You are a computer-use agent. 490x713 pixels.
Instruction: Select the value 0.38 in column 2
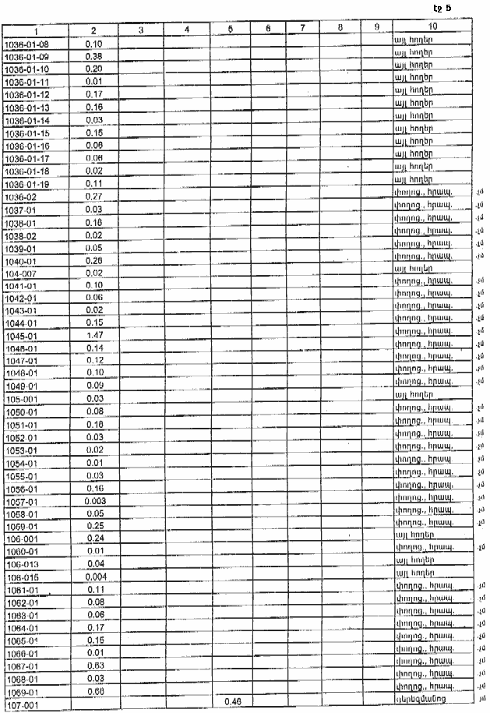pos(93,57)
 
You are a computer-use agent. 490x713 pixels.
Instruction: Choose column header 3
pos(140,30)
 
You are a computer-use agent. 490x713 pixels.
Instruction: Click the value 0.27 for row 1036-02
pos(93,196)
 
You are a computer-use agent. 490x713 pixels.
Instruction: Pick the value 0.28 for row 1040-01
pos(93,259)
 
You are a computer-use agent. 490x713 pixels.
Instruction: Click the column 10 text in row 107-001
pos(424,699)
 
